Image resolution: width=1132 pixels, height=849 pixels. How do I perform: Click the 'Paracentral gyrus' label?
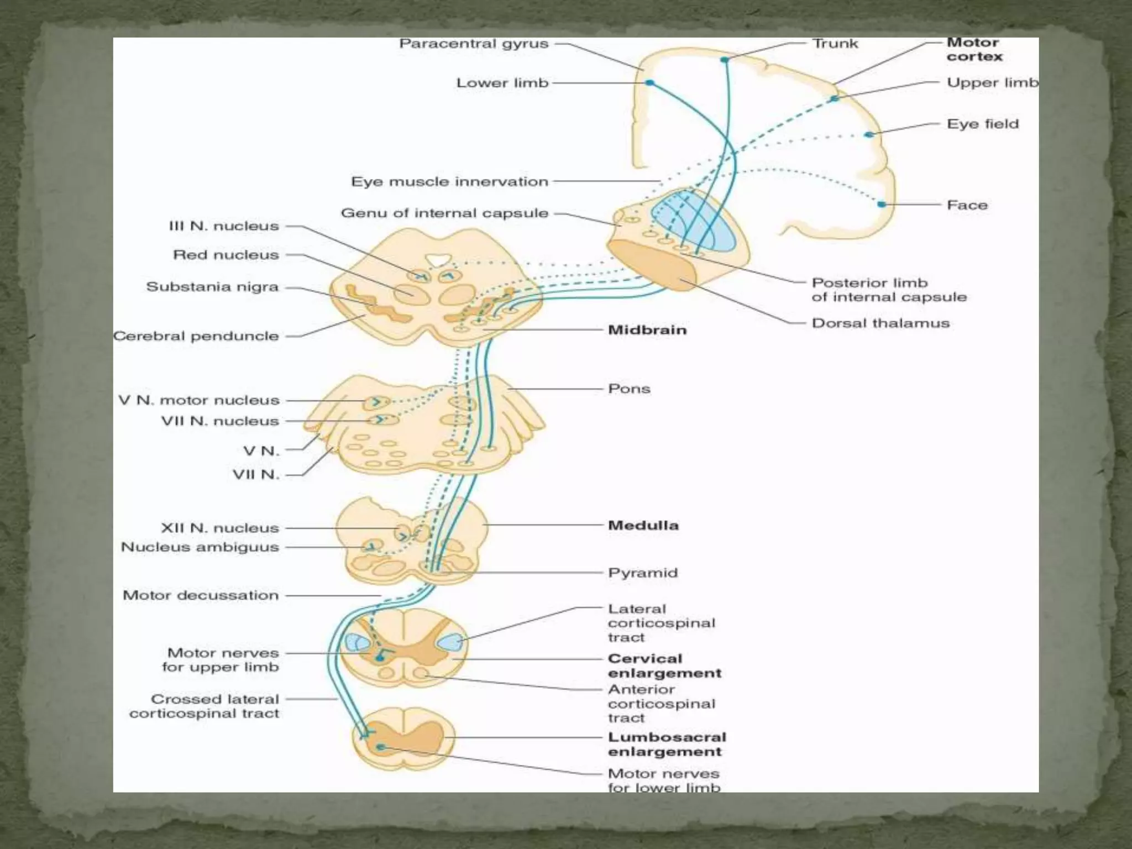point(474,44)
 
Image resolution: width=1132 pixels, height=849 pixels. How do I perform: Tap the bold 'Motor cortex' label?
point(974,50)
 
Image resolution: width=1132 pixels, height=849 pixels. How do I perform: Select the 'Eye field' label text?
point(982,124)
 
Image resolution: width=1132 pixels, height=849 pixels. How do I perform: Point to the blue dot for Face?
point(882,205)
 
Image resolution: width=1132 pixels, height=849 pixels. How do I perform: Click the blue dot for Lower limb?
point(650,83)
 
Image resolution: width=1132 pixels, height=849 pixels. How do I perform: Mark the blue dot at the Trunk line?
point(724,60)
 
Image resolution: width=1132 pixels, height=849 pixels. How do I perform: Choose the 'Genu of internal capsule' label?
point(444,213)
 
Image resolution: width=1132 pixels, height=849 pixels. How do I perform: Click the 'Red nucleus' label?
point(226,255)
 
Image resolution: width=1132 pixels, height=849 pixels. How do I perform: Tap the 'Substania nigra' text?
point(212,287)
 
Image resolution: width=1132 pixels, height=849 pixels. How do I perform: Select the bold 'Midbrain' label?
point(647,330)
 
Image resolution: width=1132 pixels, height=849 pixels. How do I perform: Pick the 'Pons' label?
point(629,389)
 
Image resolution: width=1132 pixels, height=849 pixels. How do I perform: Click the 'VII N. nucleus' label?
point(220,421)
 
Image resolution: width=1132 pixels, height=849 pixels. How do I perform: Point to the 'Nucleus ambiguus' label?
point(200,547)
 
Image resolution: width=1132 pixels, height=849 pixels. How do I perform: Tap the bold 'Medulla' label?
point(643,525)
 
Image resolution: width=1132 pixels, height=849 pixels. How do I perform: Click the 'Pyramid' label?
point(642,573)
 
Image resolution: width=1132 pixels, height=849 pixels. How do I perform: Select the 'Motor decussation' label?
point(201,595)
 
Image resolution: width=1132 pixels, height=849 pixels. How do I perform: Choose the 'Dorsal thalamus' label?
point(880,323)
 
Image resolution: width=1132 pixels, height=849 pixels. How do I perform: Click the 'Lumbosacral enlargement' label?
point(667,745)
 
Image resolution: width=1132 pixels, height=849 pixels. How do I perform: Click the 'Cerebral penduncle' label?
point(196,336)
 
